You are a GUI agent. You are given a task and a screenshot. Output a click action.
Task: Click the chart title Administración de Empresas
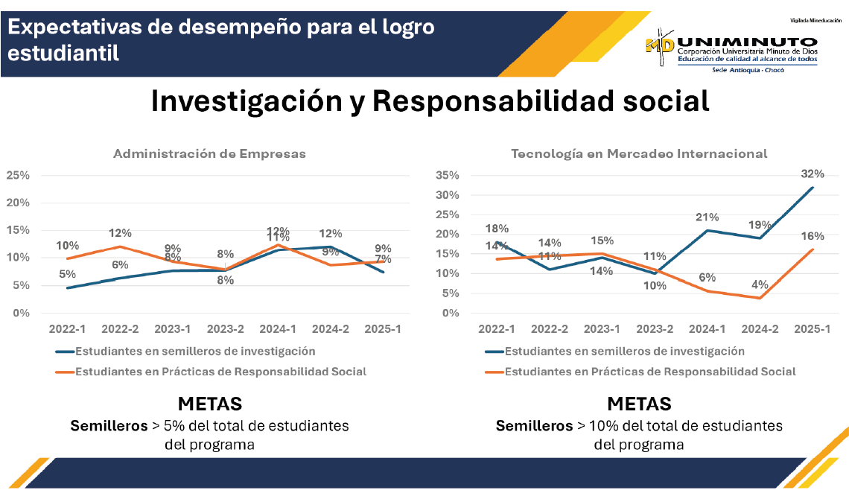[x=209, y=154]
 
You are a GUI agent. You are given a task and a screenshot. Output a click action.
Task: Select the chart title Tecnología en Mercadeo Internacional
[x=639, y=154]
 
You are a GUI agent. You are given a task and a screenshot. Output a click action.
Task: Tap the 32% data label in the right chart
[x=813, y=174]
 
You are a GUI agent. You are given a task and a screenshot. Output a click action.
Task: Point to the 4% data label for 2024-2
[x=760, y=284]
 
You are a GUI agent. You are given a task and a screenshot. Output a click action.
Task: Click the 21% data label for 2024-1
[x=707, y=217]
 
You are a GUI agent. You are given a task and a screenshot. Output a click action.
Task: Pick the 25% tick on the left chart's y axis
[x=18, y=176]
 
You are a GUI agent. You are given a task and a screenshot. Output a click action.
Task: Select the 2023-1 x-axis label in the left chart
[x=173, y=328]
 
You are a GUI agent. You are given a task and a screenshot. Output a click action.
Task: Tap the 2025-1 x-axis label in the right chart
[x=813, y=328]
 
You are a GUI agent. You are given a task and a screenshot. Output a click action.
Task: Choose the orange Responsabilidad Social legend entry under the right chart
[x=650, y=371]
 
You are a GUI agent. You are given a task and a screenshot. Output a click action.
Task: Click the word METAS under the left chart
[x=209, y=404]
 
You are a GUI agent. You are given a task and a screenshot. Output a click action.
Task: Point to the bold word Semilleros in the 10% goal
[x=533, y=426]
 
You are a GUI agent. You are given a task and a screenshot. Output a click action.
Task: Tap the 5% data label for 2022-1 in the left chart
[x=68, y=273]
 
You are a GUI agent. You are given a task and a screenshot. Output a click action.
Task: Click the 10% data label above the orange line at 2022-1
[x=68, y=245]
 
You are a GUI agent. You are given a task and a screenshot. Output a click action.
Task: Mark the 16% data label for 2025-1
[x=813, y=236]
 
